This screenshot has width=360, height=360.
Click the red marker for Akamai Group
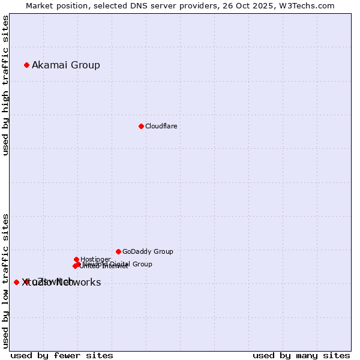[x=26, y=65]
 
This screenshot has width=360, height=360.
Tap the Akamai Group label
[x=66, y=65]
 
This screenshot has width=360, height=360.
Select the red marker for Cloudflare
[x=141, y=126]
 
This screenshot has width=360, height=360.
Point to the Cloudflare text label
[x=161, y=126]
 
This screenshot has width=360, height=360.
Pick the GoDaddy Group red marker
[x=118, y=251]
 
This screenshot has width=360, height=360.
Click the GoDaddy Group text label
[x=148, y=251]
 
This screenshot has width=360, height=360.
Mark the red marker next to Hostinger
[x=76, y=259]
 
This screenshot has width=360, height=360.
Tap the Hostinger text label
[x=95, y=259]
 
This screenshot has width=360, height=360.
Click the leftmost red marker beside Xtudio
[x=16, y=282]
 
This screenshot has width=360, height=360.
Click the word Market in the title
[x=40, y=5]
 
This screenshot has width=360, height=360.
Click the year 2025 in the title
[x=269, y=5]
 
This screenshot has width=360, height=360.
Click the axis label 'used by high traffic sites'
[x=5, y=85]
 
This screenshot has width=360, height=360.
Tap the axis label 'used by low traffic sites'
[x=5, y=280]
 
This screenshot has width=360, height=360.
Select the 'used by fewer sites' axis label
[x=62, y=355]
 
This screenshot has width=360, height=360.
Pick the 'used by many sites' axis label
[x=301, y=355]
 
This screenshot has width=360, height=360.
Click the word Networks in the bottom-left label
[x=78, y=283]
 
